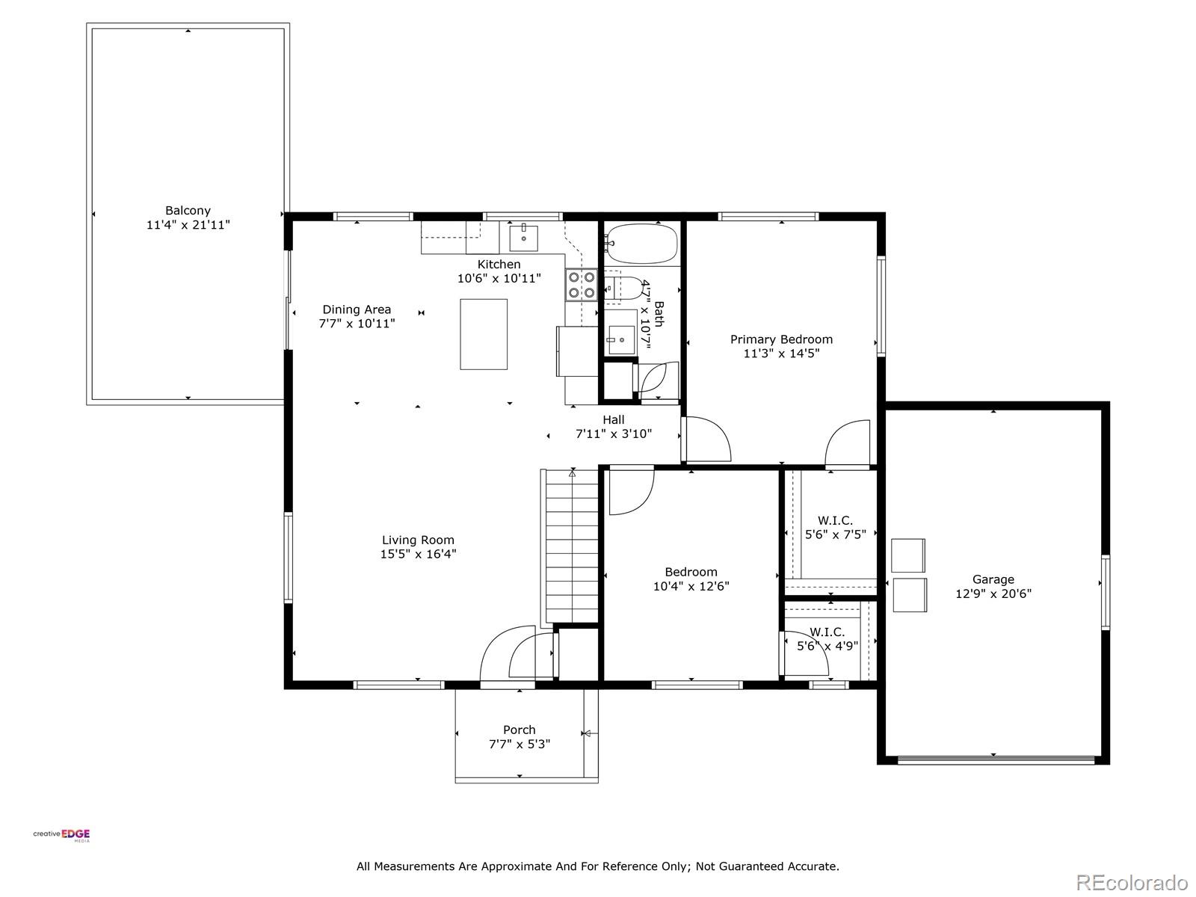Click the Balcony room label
(x=188, y=211)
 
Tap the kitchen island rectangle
(x=484, y=334)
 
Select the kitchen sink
(x=523, y=238)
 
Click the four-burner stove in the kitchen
(x=581, y=285)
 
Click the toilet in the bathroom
(x=624, y=288)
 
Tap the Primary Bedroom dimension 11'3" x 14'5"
(x=781, y=354)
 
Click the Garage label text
(x=993, y=579)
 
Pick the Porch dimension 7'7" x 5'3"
(x=519, y=745)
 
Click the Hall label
(x=613, y=420)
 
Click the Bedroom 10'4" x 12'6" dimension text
(x=691, y=587)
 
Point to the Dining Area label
(x=357, y=309)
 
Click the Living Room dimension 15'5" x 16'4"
(x=418, y=555)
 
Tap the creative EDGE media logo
(x=61, y=835)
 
